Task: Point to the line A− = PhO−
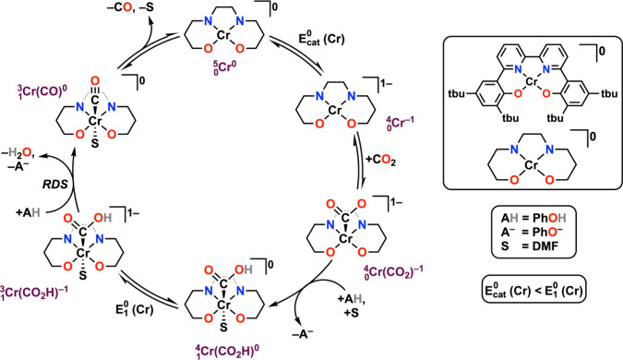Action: [x=537, y=248]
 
